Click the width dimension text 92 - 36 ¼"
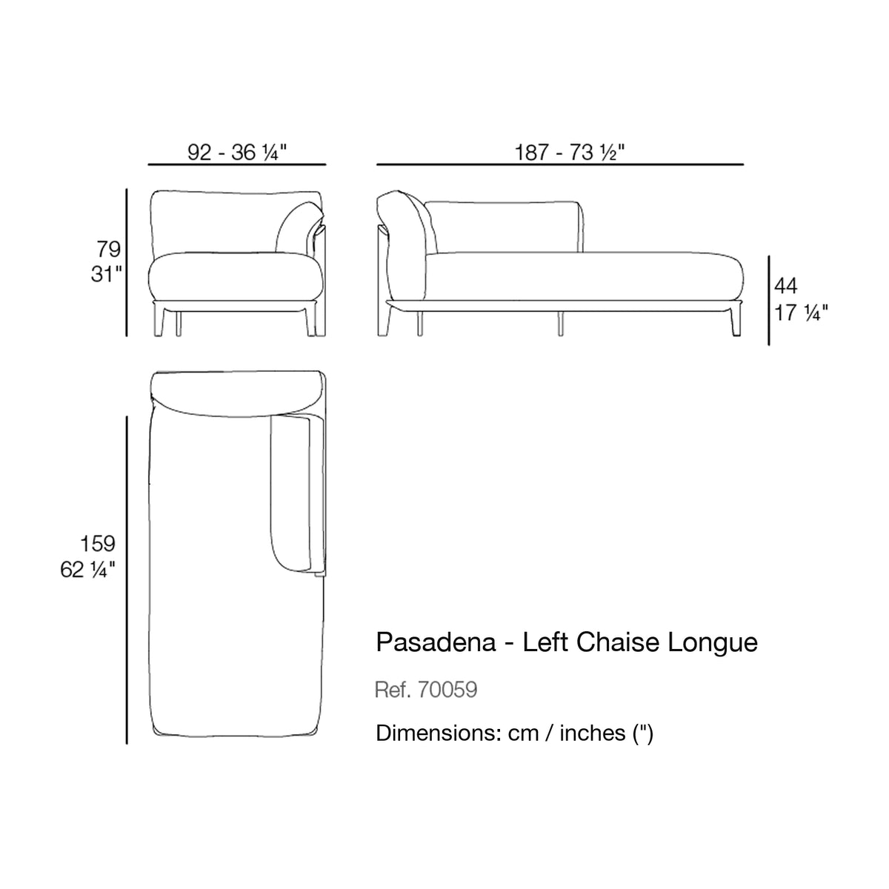237,152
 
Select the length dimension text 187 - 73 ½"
570,152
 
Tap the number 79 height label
108,250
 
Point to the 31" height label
107,275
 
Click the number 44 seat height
786,286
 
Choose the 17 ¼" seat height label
801,313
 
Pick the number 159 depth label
97,544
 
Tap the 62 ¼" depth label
87,570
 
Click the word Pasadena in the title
436,642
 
